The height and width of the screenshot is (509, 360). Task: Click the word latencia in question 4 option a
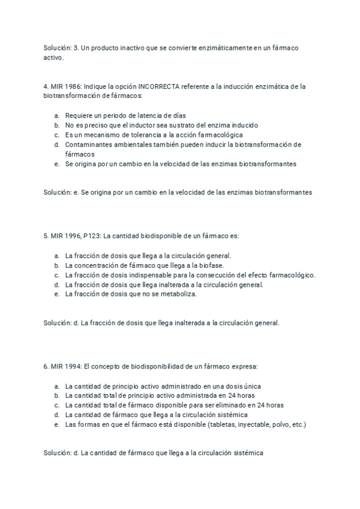point(134,115)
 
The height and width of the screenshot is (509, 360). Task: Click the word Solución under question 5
point(57,323)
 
